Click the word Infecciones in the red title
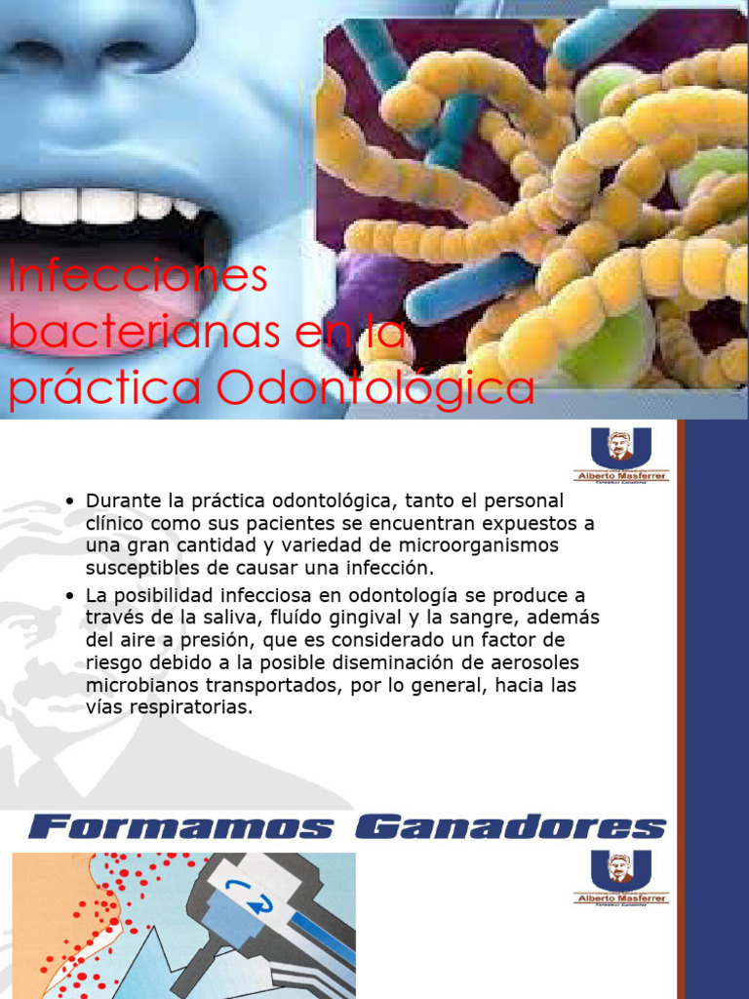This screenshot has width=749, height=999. [x=137, y=277]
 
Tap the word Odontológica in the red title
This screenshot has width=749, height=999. [x=375, y=388]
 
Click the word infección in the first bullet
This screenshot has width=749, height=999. [x=385, y=568]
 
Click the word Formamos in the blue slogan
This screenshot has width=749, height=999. [x=180, y=828]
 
